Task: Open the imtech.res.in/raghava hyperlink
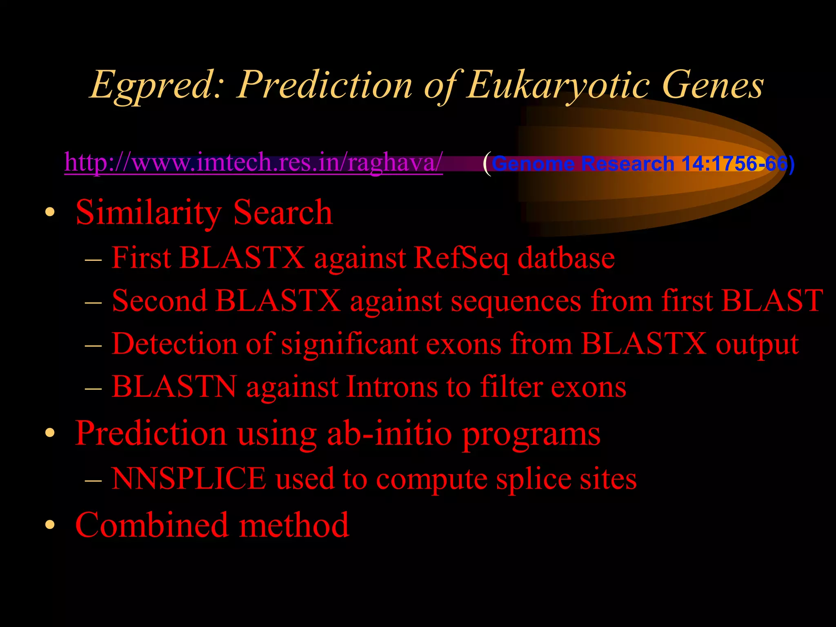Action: [253, 162]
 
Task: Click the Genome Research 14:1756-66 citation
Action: [643, 164]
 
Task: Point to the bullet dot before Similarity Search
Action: [50, 212]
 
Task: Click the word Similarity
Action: [149, 212]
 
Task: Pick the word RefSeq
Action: [460, 258]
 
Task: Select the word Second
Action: [159, 301]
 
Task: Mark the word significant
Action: [349, 344]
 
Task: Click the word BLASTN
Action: [174, 387]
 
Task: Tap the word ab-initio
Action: [389, 433]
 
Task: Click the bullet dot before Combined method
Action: [50, 525]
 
